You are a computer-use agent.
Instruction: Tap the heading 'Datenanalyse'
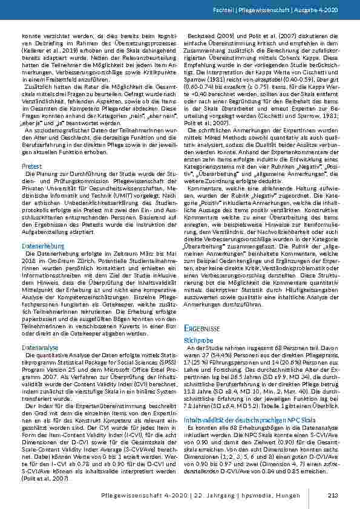[x=40, y=349]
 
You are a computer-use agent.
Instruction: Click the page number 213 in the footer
[x=332, y=497]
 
